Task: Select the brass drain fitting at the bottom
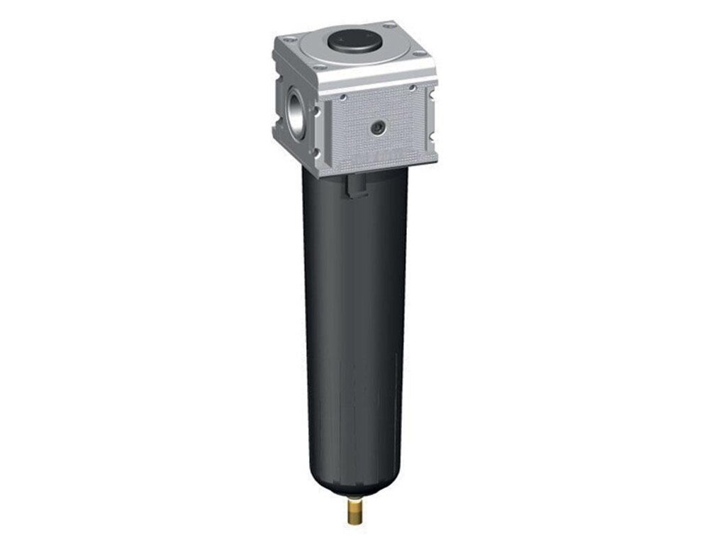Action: pos(357,507)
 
